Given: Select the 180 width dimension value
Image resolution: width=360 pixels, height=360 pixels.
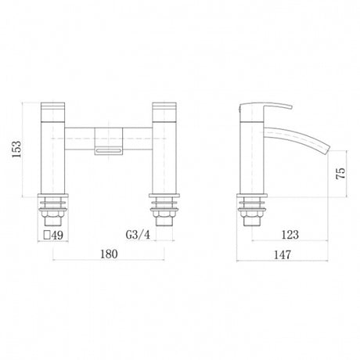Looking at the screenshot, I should tap(110, 254).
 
